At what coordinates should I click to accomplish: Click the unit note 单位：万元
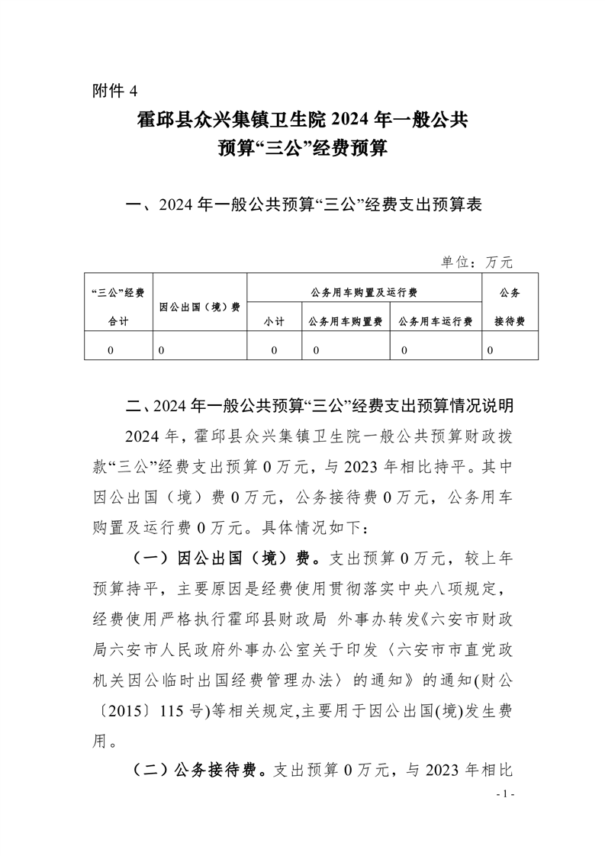pyautogui.click(x=477, y=262)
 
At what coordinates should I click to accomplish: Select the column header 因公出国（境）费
pyautogui.click(x=201, y=307)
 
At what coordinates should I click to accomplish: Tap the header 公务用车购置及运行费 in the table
pyautogui.click(x=364, y=292)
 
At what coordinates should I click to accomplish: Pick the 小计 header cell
pyautogui.click(x=275, y=322)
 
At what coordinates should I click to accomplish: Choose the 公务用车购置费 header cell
pyautogui.click(x=346, y=322)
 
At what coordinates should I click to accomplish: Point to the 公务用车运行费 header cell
pyautogui.click(x=435, y=322)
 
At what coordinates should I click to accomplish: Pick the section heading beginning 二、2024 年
pyautogui.click(x=318, y=402)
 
